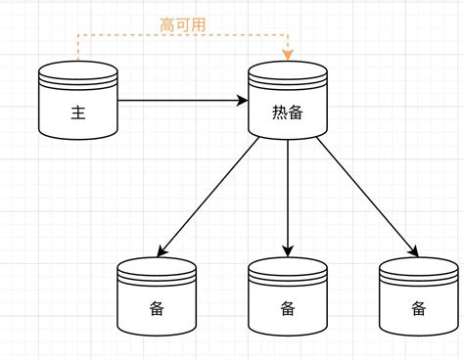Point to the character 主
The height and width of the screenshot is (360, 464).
[78, 112]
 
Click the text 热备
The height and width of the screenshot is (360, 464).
[288, 112]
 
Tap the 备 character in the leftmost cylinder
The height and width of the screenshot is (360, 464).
[157, 309]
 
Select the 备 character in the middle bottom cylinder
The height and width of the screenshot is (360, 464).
[288, 309]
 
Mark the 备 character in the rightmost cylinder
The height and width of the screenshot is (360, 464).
[418, 309]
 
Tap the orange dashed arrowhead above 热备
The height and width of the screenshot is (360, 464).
[288, 55]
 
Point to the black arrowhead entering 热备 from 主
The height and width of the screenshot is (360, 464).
[242, 99]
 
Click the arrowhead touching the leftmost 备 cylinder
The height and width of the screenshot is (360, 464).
[162, 251]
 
